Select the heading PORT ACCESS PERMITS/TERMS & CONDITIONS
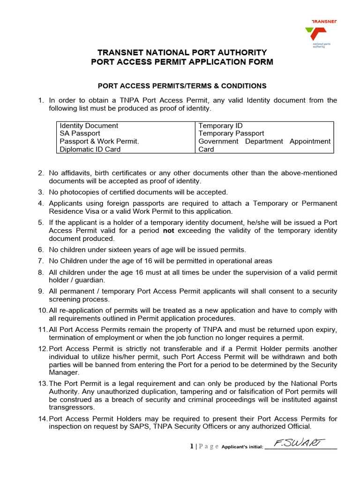(x=181, y=86)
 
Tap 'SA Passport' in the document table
(x=80, y=134)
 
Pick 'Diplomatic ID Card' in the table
(x=90, y=150)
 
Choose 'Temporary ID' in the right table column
(x=220, y=126)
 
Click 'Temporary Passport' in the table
(x=231, y=134)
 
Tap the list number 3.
(x=41, y=192)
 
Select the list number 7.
(x=41, y=261)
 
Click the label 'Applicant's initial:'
(x=242, y=447)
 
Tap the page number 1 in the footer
(x=192, y=446)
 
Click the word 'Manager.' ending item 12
(x=63, y=373)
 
